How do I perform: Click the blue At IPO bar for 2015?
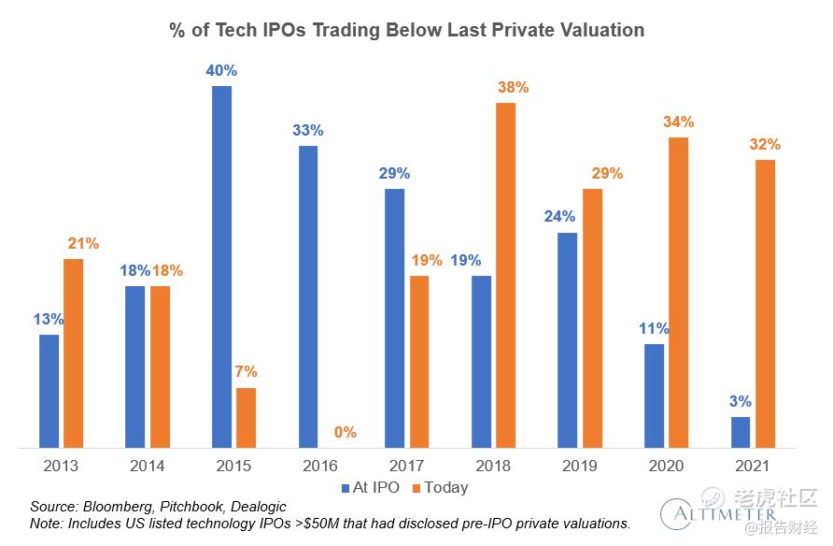click(x=221, y=266)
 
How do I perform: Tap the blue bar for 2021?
click(x=741, y=431)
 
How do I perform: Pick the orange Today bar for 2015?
click(x=246, y=417)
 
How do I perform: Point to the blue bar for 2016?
click(x=308, y=295)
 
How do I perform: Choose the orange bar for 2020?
click(x=678, y=292)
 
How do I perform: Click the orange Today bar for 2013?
click(x=73, y=352)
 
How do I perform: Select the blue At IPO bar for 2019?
click(x=567, y=339)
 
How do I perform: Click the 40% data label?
click(x=221, y=70)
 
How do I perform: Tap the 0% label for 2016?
click(x=346, y=433)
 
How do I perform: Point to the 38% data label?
click(x=513, y=87)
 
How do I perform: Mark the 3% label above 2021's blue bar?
click(x=741, y=402)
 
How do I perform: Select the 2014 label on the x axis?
click(x=148, y=465)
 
